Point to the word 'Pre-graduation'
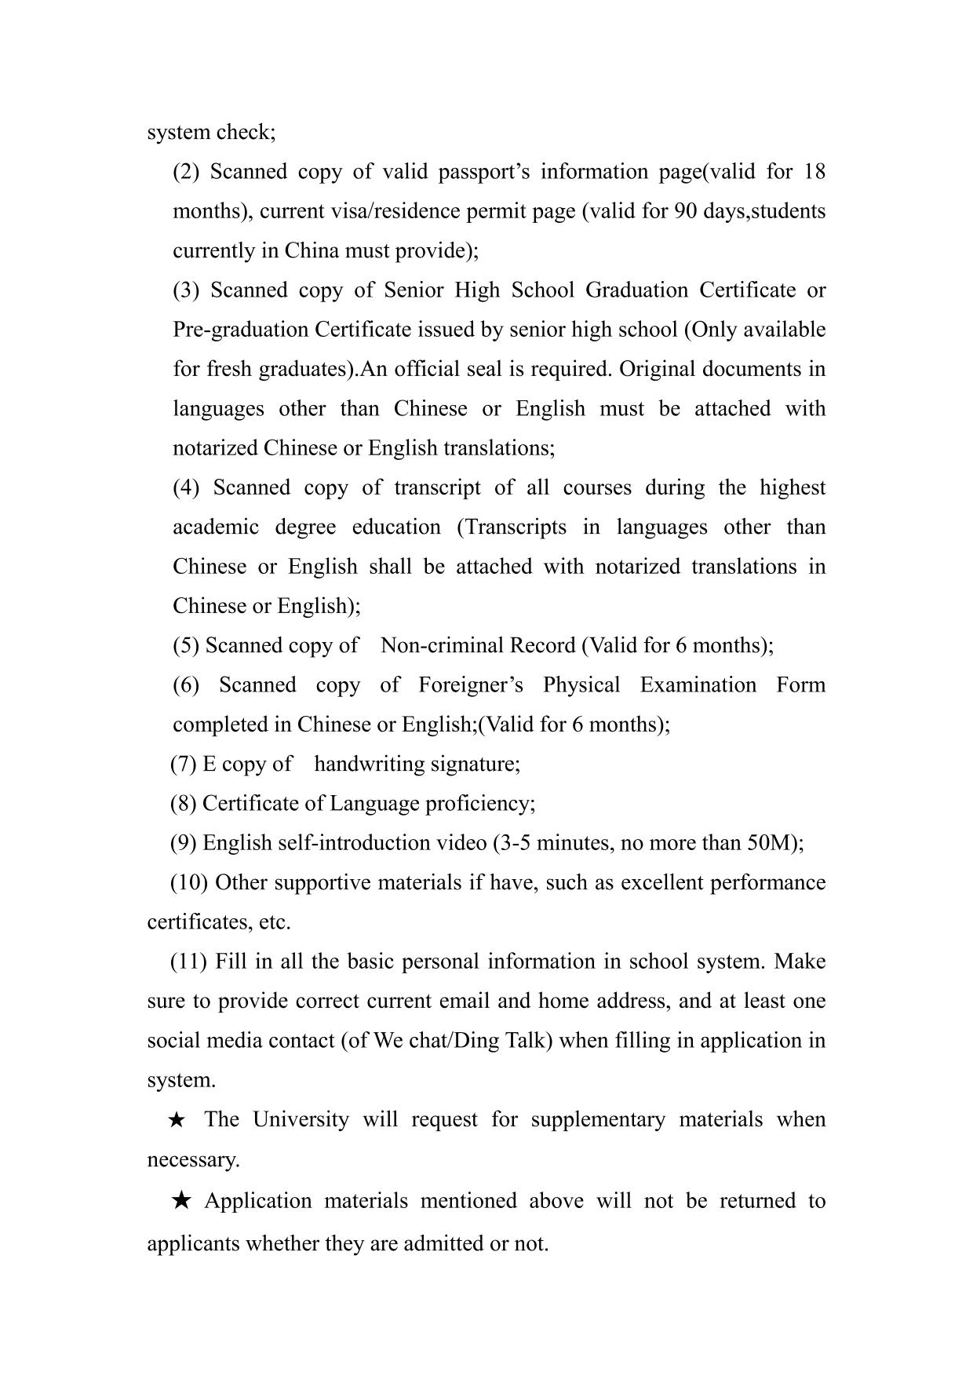(241, 330)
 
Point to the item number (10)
(189, 882)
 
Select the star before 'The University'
(177, 1120)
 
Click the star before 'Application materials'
(181, 1200)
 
